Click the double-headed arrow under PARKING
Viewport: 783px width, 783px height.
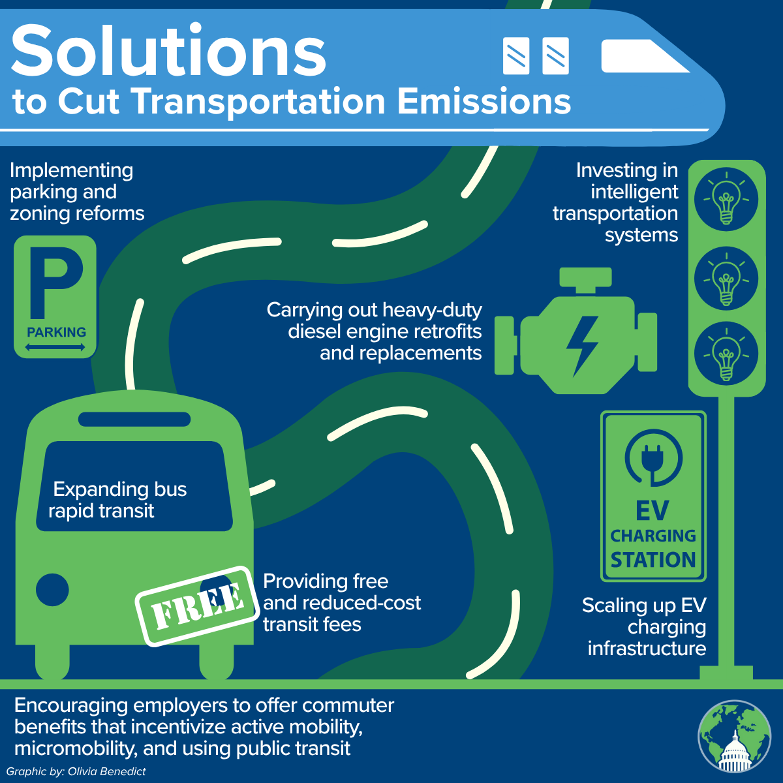[55, 348]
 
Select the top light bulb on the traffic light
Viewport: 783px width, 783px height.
[726, 200]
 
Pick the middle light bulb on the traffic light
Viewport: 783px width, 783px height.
[726, 280]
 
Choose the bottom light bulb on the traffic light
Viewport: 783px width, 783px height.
[726, 356]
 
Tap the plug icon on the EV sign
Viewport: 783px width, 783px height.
[653, 457]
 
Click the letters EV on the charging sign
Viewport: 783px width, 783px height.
[652, 511]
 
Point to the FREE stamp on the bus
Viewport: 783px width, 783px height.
[196, 606]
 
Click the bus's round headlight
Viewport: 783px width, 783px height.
[52, 591]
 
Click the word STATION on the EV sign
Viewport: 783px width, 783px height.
[653, 560]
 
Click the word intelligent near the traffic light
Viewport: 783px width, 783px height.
[634, 192]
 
